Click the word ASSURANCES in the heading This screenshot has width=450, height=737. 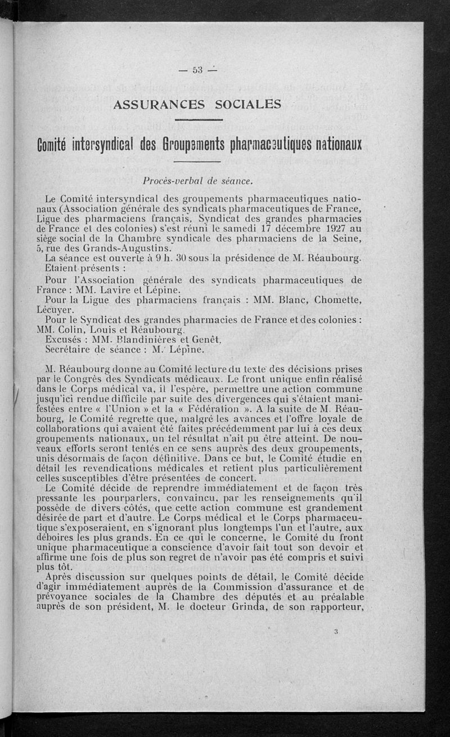tap(155, 104)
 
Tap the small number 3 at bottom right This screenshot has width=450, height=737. tap(335, 631)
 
